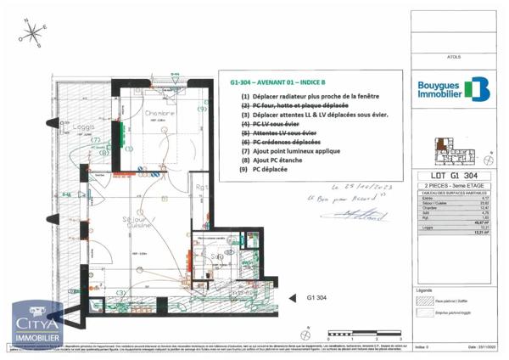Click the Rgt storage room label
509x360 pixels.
tap(201, 187)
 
